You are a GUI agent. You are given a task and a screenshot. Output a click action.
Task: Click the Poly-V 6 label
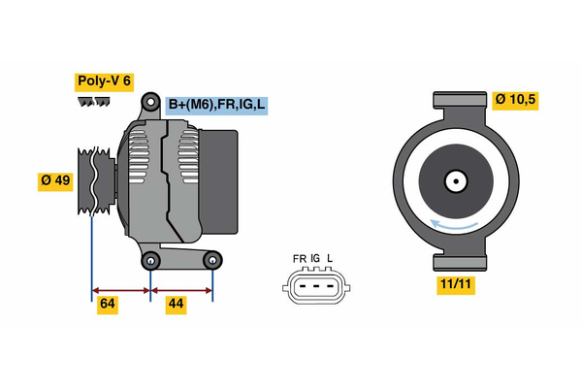(106, 81)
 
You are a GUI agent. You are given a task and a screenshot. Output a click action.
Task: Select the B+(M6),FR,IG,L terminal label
(215, 105)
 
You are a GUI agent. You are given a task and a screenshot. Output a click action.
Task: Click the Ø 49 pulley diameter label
(56, 180)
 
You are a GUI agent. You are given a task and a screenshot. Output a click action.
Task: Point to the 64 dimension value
(108, 305)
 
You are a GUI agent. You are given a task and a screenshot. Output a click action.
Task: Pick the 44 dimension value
(177, 305)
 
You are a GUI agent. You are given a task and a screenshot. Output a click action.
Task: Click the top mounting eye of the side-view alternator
(150, 102)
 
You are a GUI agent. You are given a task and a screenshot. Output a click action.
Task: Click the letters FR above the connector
(299, 259)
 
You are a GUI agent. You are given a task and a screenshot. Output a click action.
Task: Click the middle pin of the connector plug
(314, 287)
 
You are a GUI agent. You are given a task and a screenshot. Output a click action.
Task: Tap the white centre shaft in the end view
(454, 180)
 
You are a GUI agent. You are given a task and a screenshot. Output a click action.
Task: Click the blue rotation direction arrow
(456, 225)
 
